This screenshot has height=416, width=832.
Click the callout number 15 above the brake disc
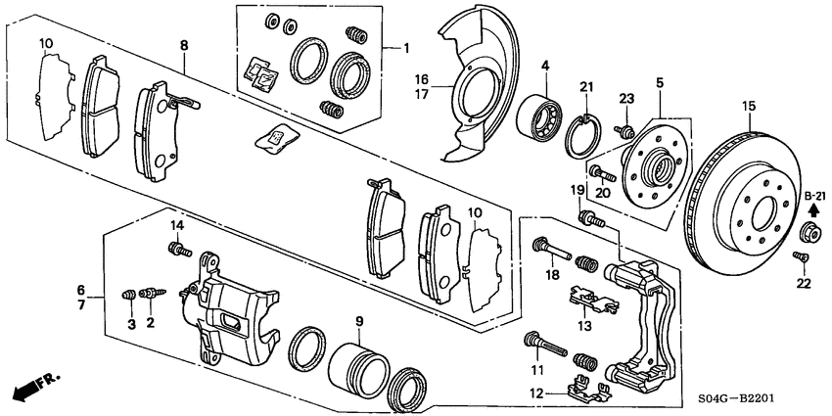point(750,106)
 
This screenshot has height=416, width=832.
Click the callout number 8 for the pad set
point(182,46)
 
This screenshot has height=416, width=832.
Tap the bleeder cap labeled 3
point(127,294)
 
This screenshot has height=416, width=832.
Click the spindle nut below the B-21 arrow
point(811,233)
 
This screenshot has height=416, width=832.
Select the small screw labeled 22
point(798,257)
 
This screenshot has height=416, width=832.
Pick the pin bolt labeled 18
point(547,249)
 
